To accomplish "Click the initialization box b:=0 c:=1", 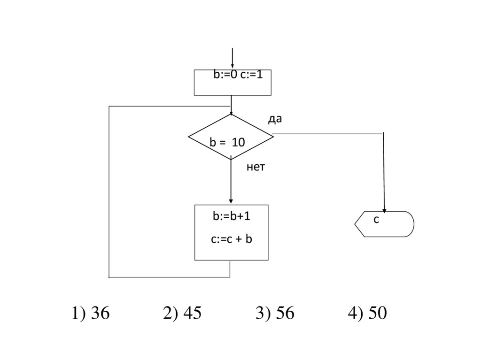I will (233, 83).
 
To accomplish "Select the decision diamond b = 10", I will (231, 137).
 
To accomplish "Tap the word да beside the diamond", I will (275, 119).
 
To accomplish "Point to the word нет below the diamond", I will (256, 167).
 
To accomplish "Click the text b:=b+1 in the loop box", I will (231, 216).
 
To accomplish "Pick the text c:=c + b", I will (232, 239).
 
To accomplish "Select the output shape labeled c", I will (384, 224).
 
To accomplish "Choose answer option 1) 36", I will (91, 314).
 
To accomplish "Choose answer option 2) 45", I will (182, 314).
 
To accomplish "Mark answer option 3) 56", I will (275, 314).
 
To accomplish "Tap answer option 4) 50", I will (367, 314).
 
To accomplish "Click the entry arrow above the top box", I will (232, 59).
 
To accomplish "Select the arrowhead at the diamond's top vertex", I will (231, 113).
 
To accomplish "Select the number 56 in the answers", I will (285, 314).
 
